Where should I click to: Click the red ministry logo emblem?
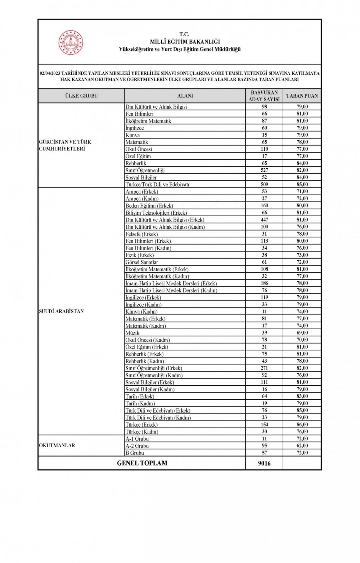(x=71, y=43)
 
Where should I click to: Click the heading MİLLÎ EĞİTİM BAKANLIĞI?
(x=185, y=42)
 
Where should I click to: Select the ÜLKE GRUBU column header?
(x=81, y=96)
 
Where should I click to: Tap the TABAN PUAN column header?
(x=302, y=96)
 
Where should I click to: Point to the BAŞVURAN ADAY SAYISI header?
(x=264, y=96)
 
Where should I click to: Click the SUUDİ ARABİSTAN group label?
(x=61, y=312)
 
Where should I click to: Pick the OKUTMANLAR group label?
(x=57, y=445)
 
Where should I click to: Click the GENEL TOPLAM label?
(x=142, y=463)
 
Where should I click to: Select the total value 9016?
(x=264, y=463)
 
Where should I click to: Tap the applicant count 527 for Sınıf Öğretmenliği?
(x=264, y=170)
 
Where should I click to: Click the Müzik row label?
(x=132, y=333)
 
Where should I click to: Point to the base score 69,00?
(x=302, y=333)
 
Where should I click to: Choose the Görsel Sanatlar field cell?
(x=142, y=262)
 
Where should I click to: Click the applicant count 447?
(x=264, y=220)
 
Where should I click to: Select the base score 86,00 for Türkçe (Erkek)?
(x=302, y=424)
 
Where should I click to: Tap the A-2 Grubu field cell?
(x=137, y=446)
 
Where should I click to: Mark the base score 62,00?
(x=302, y=446)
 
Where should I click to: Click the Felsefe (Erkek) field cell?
(x=141, y=234)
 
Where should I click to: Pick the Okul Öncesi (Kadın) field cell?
(x=148, y=340)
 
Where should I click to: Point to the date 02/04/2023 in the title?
(x=50, y=73)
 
